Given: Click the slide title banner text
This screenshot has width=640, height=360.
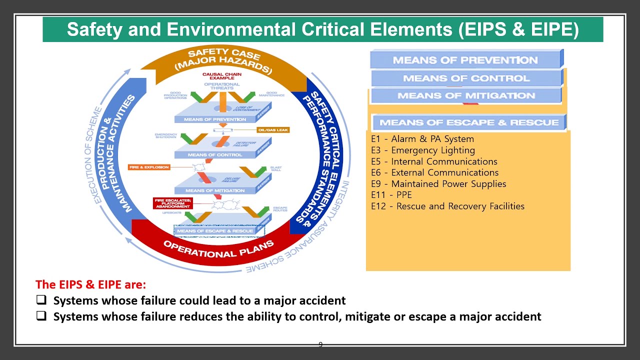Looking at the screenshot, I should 322,29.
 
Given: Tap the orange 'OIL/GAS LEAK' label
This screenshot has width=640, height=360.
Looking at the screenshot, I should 272,130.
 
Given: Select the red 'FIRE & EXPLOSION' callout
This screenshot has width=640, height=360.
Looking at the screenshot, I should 149,167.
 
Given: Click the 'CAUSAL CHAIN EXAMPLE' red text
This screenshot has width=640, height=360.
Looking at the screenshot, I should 221,76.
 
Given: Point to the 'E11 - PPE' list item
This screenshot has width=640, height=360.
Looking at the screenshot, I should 391,195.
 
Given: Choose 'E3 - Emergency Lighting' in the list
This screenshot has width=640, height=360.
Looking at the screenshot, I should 423,150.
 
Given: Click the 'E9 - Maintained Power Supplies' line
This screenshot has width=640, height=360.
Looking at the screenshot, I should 438,184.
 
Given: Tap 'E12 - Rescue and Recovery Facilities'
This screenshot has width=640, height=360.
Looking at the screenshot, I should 447,206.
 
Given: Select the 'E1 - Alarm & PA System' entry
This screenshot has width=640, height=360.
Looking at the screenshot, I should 422,139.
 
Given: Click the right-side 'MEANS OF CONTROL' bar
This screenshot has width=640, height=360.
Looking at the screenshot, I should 466,78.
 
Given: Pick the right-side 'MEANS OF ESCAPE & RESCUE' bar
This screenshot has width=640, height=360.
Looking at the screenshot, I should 468,122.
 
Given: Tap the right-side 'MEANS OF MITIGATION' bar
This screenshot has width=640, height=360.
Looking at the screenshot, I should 466,95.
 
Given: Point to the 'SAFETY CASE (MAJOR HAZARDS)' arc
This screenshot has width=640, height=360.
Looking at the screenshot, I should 223,60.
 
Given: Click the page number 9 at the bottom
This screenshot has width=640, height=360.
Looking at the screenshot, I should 320,344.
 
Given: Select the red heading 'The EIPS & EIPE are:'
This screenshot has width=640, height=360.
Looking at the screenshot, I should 90,284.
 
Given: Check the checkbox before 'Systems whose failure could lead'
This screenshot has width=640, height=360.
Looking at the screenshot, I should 41,300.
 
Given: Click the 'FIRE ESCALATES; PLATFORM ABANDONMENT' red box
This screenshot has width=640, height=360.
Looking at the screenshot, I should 172,203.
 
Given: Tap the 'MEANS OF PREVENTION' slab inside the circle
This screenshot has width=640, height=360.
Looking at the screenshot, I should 215,119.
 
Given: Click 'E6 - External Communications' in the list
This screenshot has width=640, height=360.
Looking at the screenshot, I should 434,172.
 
